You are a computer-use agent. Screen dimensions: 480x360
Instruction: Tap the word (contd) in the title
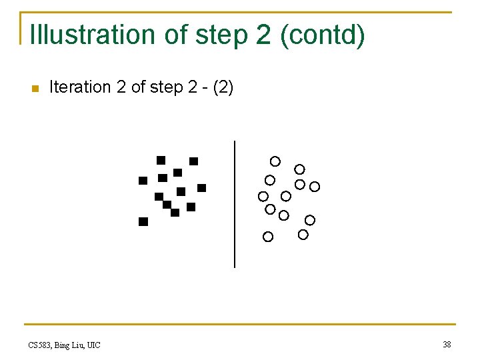(x=323, y=35)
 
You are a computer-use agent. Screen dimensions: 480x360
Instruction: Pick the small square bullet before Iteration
(x=35, y=88)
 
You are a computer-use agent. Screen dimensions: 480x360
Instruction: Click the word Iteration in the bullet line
(x=79, y=87)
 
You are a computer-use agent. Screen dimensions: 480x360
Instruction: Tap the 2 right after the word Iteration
(x=121, y=87)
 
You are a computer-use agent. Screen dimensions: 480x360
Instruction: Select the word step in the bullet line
(x=164, y=87)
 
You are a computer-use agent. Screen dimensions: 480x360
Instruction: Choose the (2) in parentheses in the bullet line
(x=223, y=87)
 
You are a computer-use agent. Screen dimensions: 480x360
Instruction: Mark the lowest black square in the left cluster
(x=143, y=222)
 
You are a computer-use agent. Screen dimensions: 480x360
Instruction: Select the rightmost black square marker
(x=201, y=188)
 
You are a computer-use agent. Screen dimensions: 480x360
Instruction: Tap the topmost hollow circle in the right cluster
(x=275, y=161)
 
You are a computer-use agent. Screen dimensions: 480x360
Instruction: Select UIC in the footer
(x=94, y=345)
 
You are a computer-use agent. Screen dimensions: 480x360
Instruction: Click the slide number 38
(x=447, y=344)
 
